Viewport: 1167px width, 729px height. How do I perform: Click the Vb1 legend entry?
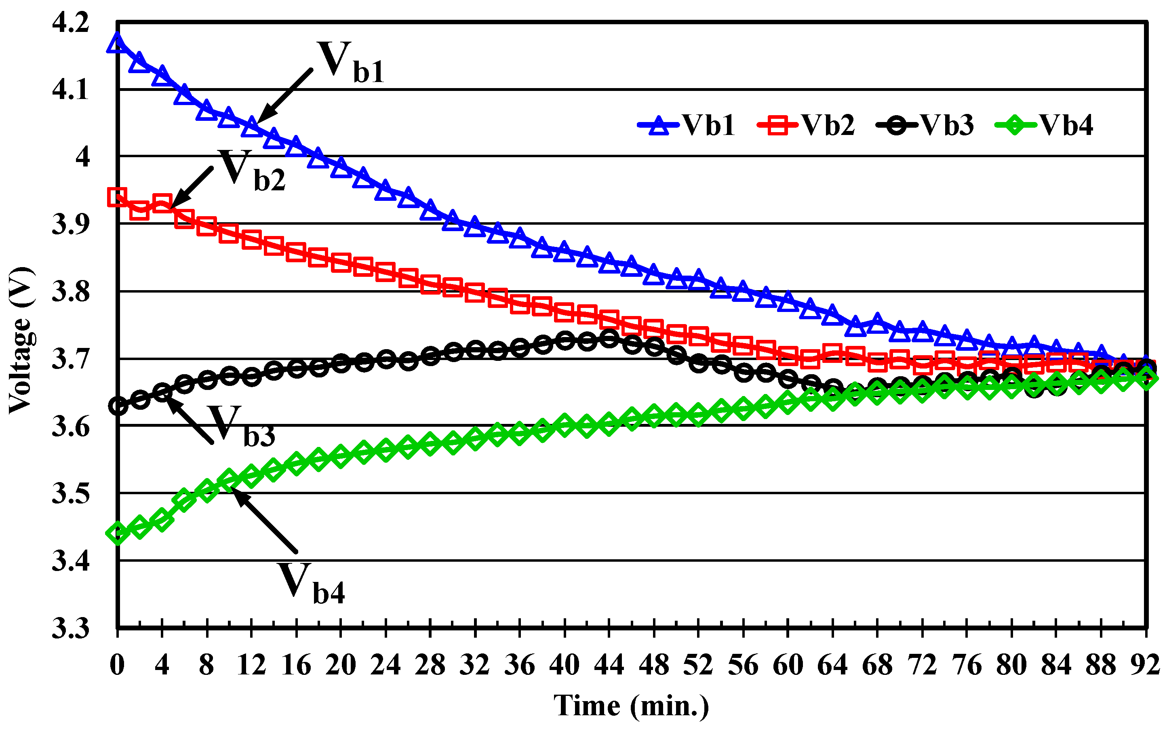click(x=687, y=125)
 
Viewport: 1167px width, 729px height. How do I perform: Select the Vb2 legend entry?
click(x=807, y=125)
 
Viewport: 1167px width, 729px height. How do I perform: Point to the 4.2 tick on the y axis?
click(x=70, y=23)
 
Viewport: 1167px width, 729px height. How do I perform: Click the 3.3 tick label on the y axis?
click(x=70, y=628)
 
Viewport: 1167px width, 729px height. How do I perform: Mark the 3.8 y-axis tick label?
click(x=70, y=292)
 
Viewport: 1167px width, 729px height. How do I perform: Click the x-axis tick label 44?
click(x=609, y=666)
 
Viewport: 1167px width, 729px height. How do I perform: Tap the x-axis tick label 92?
click(x=1145, y=666)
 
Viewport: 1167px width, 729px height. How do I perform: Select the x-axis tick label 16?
click(x=296, y=666)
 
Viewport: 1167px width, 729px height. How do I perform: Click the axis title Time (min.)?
click(x=631, y=706)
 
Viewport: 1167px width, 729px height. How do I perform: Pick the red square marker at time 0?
click(x=117, y=197)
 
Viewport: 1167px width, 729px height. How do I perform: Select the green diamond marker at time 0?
click(x=117, y=533)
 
